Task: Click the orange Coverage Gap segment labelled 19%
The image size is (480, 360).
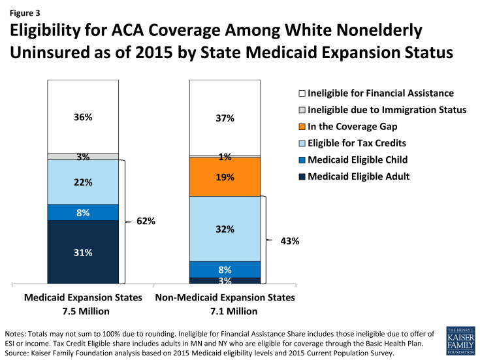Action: point(225,176)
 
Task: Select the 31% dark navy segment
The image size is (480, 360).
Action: point(83,252)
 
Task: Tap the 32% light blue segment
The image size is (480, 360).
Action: point(225,229)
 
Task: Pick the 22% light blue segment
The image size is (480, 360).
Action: point(83,182)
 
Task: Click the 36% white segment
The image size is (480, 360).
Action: point(83,117)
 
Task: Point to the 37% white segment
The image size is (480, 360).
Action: point(225,117)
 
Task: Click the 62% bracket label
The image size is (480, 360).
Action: point(146,221)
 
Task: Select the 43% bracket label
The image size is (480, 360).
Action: point(289,240)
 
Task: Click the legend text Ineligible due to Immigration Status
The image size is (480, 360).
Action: point(386,110)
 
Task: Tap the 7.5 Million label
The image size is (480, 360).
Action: point(83,310)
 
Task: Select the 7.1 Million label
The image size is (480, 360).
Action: point(225,310)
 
